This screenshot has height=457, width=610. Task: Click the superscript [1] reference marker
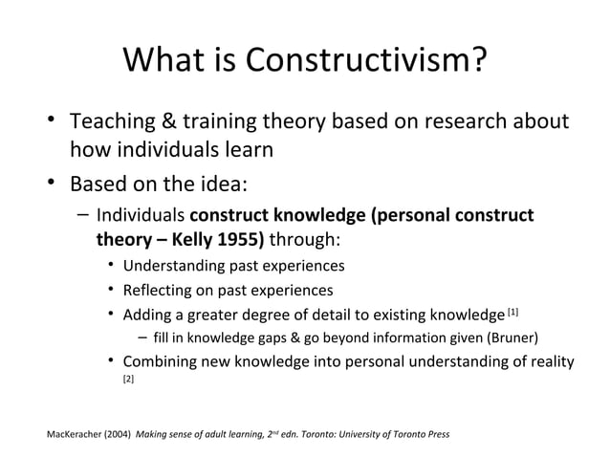512,312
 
